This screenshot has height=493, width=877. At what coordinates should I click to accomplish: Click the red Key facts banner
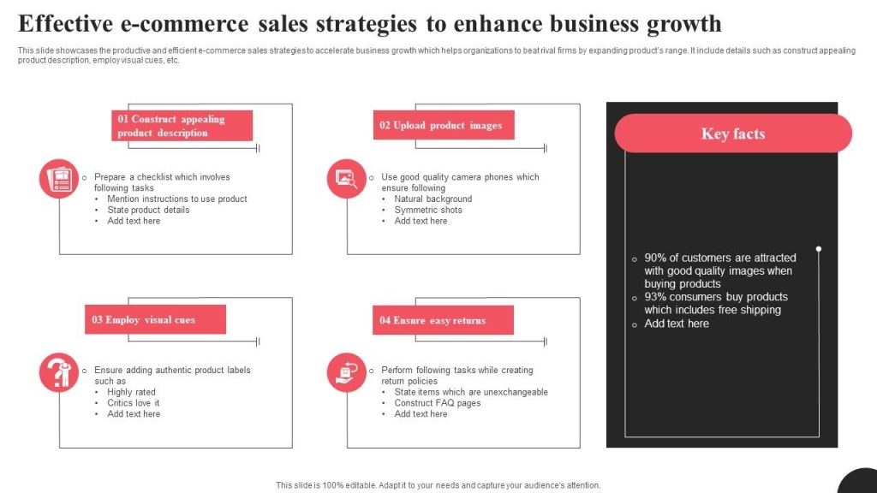tap(733, 134)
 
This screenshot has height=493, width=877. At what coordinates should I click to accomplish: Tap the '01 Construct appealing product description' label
tap(182, 126)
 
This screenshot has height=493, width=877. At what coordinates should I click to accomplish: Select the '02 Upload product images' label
tap(443, 125)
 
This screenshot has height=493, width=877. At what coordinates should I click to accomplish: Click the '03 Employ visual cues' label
tap(155, 319)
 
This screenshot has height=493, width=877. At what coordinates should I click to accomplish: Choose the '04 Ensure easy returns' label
tap(443, 320)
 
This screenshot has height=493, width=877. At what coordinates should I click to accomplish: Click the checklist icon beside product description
tap(59, 179)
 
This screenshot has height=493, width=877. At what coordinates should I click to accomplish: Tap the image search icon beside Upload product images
tap(347, 179)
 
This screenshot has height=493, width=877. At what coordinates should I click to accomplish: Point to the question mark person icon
tap(59, 372)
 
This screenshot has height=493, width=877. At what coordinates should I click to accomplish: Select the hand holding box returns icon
tap(347, 372)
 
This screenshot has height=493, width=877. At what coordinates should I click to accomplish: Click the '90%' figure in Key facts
tap(655, 258)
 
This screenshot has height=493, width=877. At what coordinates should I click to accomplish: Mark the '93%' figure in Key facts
tap(655, 297)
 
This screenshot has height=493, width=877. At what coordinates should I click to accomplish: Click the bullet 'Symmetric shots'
tap(428, 210)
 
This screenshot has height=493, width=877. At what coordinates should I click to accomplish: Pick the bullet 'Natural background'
tap(433, 199)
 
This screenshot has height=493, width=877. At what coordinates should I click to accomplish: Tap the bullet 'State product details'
tap(148, 210)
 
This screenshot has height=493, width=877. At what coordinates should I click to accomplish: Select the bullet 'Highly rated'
tap(131, 392)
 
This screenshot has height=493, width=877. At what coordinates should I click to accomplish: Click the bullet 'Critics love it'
tap(133, 403)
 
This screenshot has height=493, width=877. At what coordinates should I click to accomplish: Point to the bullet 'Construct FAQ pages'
tap(437, 403)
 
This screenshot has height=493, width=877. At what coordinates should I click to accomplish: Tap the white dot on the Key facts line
tap(819, 249)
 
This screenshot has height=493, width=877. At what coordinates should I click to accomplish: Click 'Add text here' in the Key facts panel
tap(677, 324)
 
